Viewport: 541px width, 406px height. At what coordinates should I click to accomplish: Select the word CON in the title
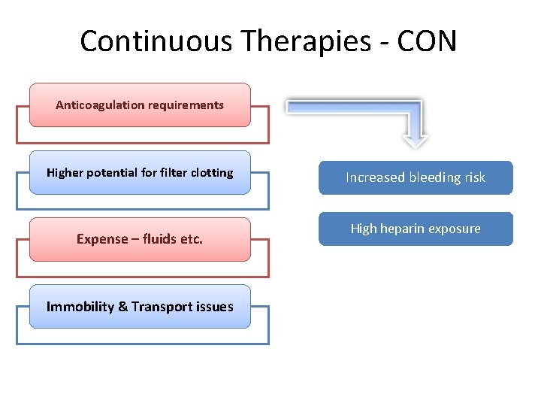tap(426, 41)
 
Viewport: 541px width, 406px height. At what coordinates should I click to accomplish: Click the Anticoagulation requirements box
tap(140, 105)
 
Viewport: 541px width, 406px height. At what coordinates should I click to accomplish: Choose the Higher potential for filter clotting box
tap(140, 173)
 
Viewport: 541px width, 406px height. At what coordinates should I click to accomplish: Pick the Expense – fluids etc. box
tap(140, 239)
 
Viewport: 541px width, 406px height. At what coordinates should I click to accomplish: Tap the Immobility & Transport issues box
tap(140, 306)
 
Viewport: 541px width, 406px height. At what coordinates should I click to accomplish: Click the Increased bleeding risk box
tap(416, 177)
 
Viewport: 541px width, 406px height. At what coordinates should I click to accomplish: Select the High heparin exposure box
tap(416, 229)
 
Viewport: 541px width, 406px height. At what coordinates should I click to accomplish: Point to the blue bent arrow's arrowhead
tap(415, 139)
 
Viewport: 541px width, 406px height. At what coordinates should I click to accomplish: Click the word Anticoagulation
tap(97, 105)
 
